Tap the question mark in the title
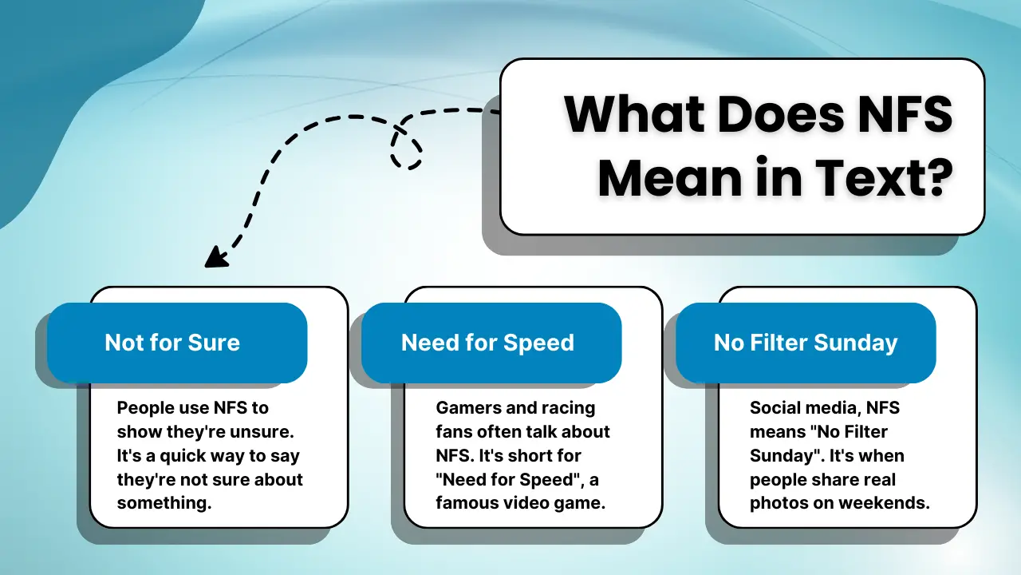935,180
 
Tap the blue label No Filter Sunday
806,343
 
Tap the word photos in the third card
778,504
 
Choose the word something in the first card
164,504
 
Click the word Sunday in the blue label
858,343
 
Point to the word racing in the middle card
568,408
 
